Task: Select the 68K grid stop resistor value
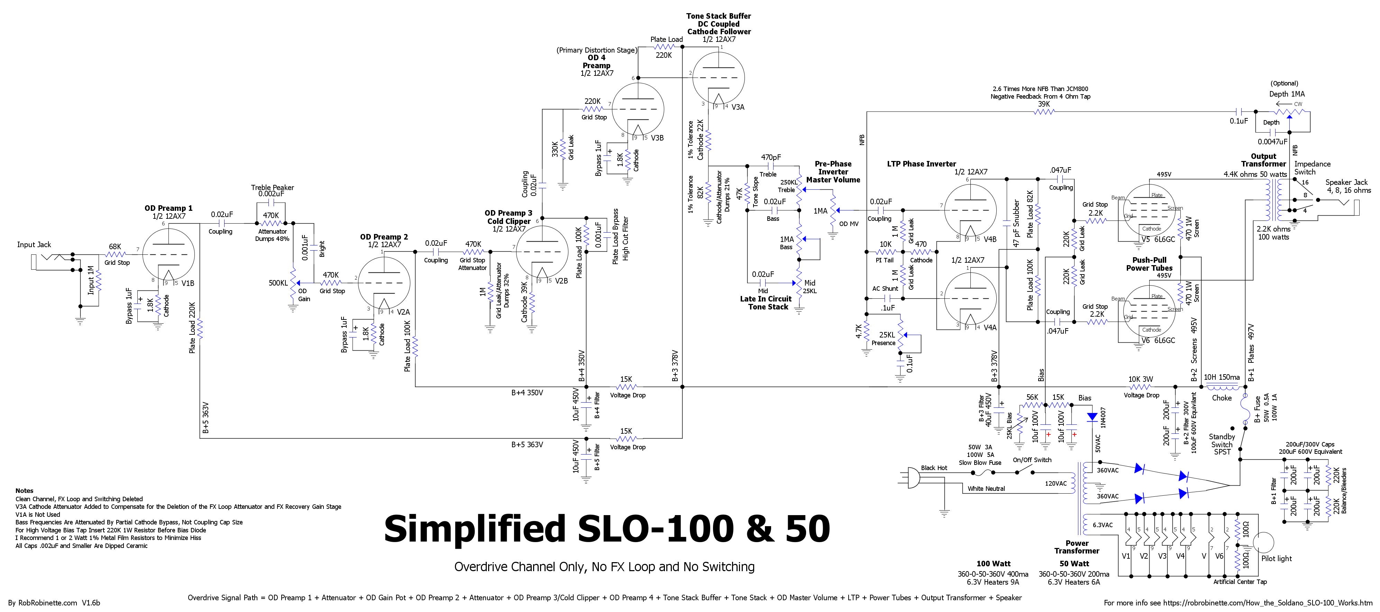[115, 246]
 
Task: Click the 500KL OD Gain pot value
[278, 283]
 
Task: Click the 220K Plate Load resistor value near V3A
[664, 55]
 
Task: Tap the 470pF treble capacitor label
[771, 157]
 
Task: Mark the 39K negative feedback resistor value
[1044, 104]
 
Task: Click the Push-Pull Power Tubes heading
[1149, 264]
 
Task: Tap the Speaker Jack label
[1346, 182]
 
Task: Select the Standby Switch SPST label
[1222, 444]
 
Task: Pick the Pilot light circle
[1263, 542]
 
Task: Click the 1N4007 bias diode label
[1103, 417]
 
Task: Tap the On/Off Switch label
[1032, 460]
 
